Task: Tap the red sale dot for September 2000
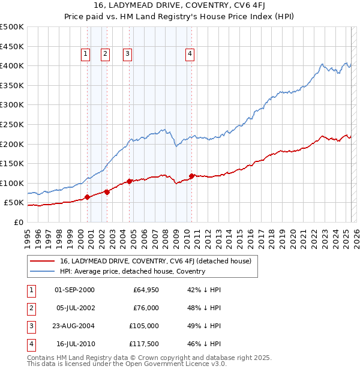[87, 197]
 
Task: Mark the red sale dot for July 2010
[191, 176]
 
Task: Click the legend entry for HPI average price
[133, 271]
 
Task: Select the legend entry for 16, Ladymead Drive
[159, 260]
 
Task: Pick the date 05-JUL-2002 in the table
[74, 308]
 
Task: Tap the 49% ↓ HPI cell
[204, 326]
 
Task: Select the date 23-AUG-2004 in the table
[74, 326]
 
